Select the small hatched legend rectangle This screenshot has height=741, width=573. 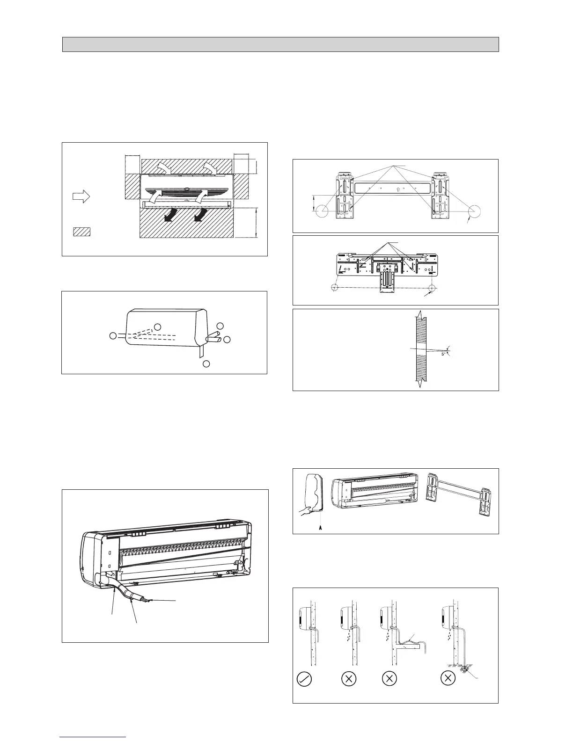tap(81, 231)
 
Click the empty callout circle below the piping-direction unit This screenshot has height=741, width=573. tap(206, 363)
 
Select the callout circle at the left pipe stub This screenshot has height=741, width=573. tap(113, 335)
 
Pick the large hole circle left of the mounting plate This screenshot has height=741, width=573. tap(322, 211)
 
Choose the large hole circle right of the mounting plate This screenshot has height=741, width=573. tap(473, 211)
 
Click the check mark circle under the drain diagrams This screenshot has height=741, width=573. tap(304, 678)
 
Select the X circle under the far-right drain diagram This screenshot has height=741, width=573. tap(448, 678)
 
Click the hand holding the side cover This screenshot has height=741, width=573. tap(307, 509)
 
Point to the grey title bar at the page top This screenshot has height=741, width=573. tap(280, 44)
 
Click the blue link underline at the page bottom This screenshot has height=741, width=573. tap(93, 737)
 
